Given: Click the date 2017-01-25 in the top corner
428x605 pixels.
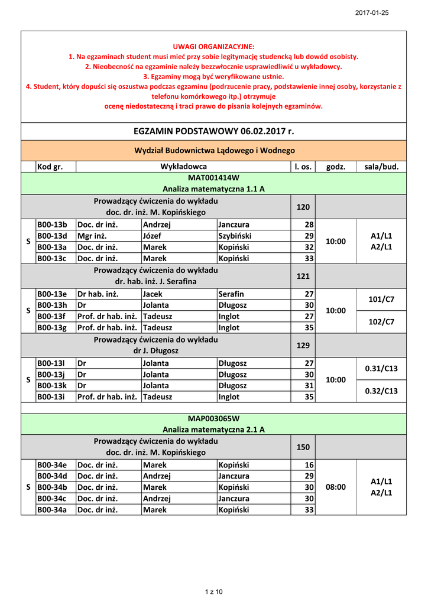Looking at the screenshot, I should (372, 13).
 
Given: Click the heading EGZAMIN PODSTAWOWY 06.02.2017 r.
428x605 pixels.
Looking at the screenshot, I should (213, 131).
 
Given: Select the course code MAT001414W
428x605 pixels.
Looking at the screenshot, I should (213, 177).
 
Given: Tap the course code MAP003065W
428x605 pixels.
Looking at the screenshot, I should (213, 418).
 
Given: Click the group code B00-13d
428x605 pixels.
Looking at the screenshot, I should (53, 236).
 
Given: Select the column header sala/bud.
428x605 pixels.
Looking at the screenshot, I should (381, 167).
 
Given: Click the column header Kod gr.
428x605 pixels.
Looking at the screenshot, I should (50, 167).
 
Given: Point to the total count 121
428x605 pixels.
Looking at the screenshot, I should (303, 276).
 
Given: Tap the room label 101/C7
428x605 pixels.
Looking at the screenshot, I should (381, 299).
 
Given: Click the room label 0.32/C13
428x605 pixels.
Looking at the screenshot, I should (381, 391).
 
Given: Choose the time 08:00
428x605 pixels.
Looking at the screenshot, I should (336, 487).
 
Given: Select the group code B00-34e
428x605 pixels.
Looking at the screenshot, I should (53, 464).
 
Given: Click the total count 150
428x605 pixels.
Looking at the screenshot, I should (303, 447).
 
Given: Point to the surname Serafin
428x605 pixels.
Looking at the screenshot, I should (231, 294).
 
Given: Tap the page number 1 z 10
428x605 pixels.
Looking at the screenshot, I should (213, 591).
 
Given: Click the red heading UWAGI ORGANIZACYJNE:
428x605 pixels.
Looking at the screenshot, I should (213, 46).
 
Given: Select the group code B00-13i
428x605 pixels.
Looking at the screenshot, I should (52, 397).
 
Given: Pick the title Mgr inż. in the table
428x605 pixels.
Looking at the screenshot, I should (93, 236).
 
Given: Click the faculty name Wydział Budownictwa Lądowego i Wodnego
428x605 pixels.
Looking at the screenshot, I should (213, 151).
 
